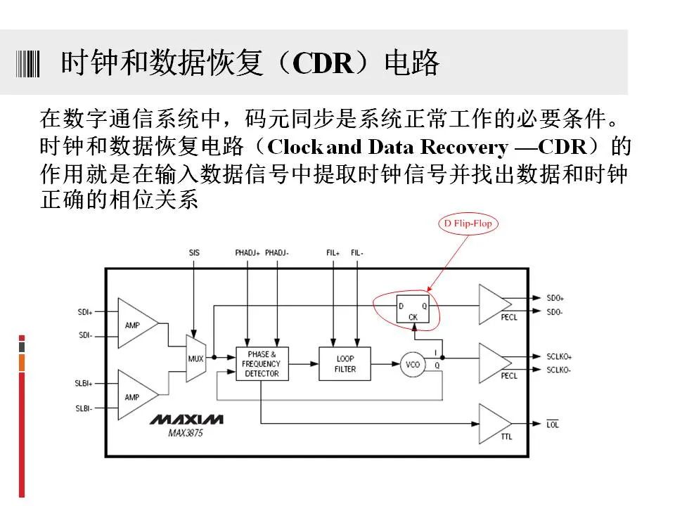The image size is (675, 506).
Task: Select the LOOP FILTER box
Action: [x=345, y=364]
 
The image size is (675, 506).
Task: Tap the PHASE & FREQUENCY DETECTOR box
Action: [x=262, y=364]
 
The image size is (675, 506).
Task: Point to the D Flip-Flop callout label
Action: [x=468, y=223]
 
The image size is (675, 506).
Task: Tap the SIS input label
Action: [x=194, y=252]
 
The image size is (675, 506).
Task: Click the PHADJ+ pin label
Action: [x=247, y=252]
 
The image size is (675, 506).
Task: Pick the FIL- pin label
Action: [x=357, y=252]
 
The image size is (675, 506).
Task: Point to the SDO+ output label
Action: [x=555, y=298]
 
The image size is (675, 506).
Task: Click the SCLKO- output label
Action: [x=558, y=370]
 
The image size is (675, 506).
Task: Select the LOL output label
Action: [x=553, y=424]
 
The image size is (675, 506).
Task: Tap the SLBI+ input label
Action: [x=84, y=384]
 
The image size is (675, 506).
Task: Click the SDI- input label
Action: [x=85, y=335]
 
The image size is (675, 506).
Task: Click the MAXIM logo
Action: [x=186, y=419]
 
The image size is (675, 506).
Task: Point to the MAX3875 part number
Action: [x=186, y=433]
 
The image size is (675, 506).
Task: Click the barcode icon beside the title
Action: [x=28, y=64]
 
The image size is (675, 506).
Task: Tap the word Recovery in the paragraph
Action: [x=464, y=147]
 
